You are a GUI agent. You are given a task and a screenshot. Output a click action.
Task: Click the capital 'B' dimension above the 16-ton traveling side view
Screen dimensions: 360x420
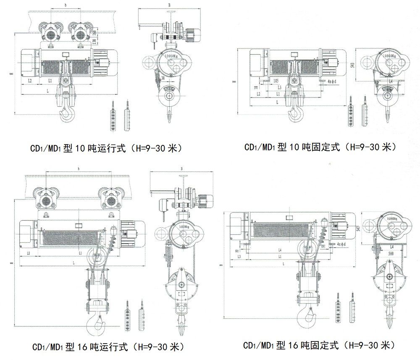(x=181, y=168)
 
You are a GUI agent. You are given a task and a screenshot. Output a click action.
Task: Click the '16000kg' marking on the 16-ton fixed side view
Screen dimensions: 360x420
(x=389, y=219)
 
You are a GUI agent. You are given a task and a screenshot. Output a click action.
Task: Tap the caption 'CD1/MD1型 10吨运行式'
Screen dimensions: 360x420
(x=105, y=148)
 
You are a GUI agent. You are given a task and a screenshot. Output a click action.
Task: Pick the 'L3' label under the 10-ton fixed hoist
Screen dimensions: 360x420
(x=280, y=87)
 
